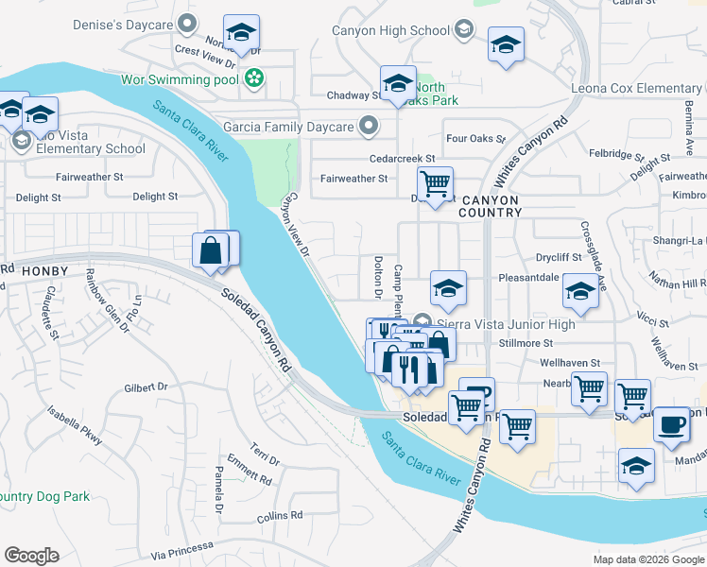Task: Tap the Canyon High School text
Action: click(x=390, y=31)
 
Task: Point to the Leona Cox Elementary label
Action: click(x=636, y=89)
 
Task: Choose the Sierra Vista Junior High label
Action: click(x=507, y=324)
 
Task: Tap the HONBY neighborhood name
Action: click(x=43, y=271)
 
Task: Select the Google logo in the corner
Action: click(x=32, y=555)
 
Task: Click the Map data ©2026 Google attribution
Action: click(x=647, y=559)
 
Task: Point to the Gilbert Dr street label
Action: click(x=146, y=387)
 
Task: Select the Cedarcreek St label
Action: click(x=403, y=159)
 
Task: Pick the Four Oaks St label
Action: click(x=470, y=138)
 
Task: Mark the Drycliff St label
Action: click(x=559, y=257)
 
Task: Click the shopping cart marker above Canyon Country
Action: click(x=435, y=182)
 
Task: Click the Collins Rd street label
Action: click(x=279, y=515)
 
